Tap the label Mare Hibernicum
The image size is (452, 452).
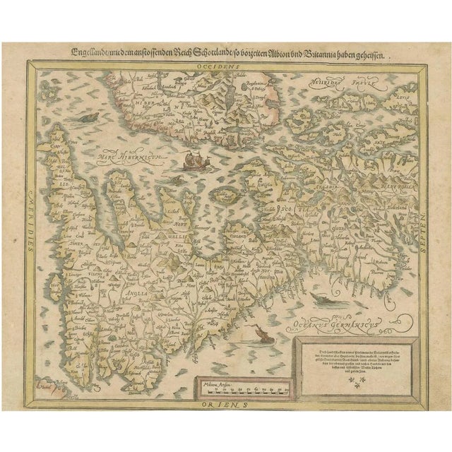click(126, 150)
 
